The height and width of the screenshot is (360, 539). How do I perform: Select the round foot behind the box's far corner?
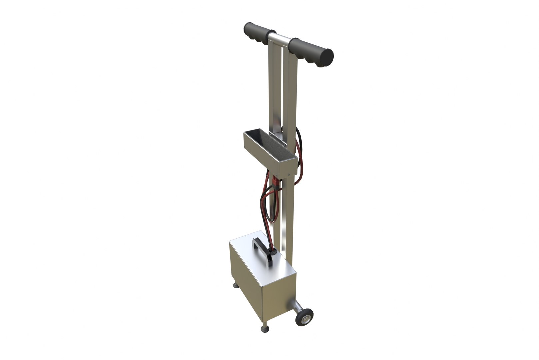point(235,285)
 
